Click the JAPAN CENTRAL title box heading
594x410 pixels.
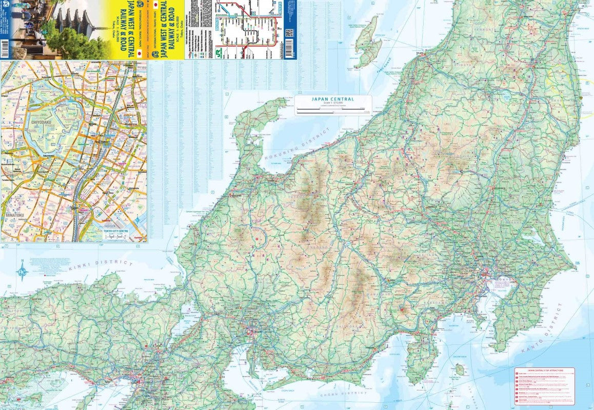tap(333, 99)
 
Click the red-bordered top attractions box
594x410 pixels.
tap(544, 386)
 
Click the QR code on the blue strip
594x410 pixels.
tap(290, 33)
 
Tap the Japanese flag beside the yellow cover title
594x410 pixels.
tap(140, 52)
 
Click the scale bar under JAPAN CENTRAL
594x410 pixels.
tap(333, 110)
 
